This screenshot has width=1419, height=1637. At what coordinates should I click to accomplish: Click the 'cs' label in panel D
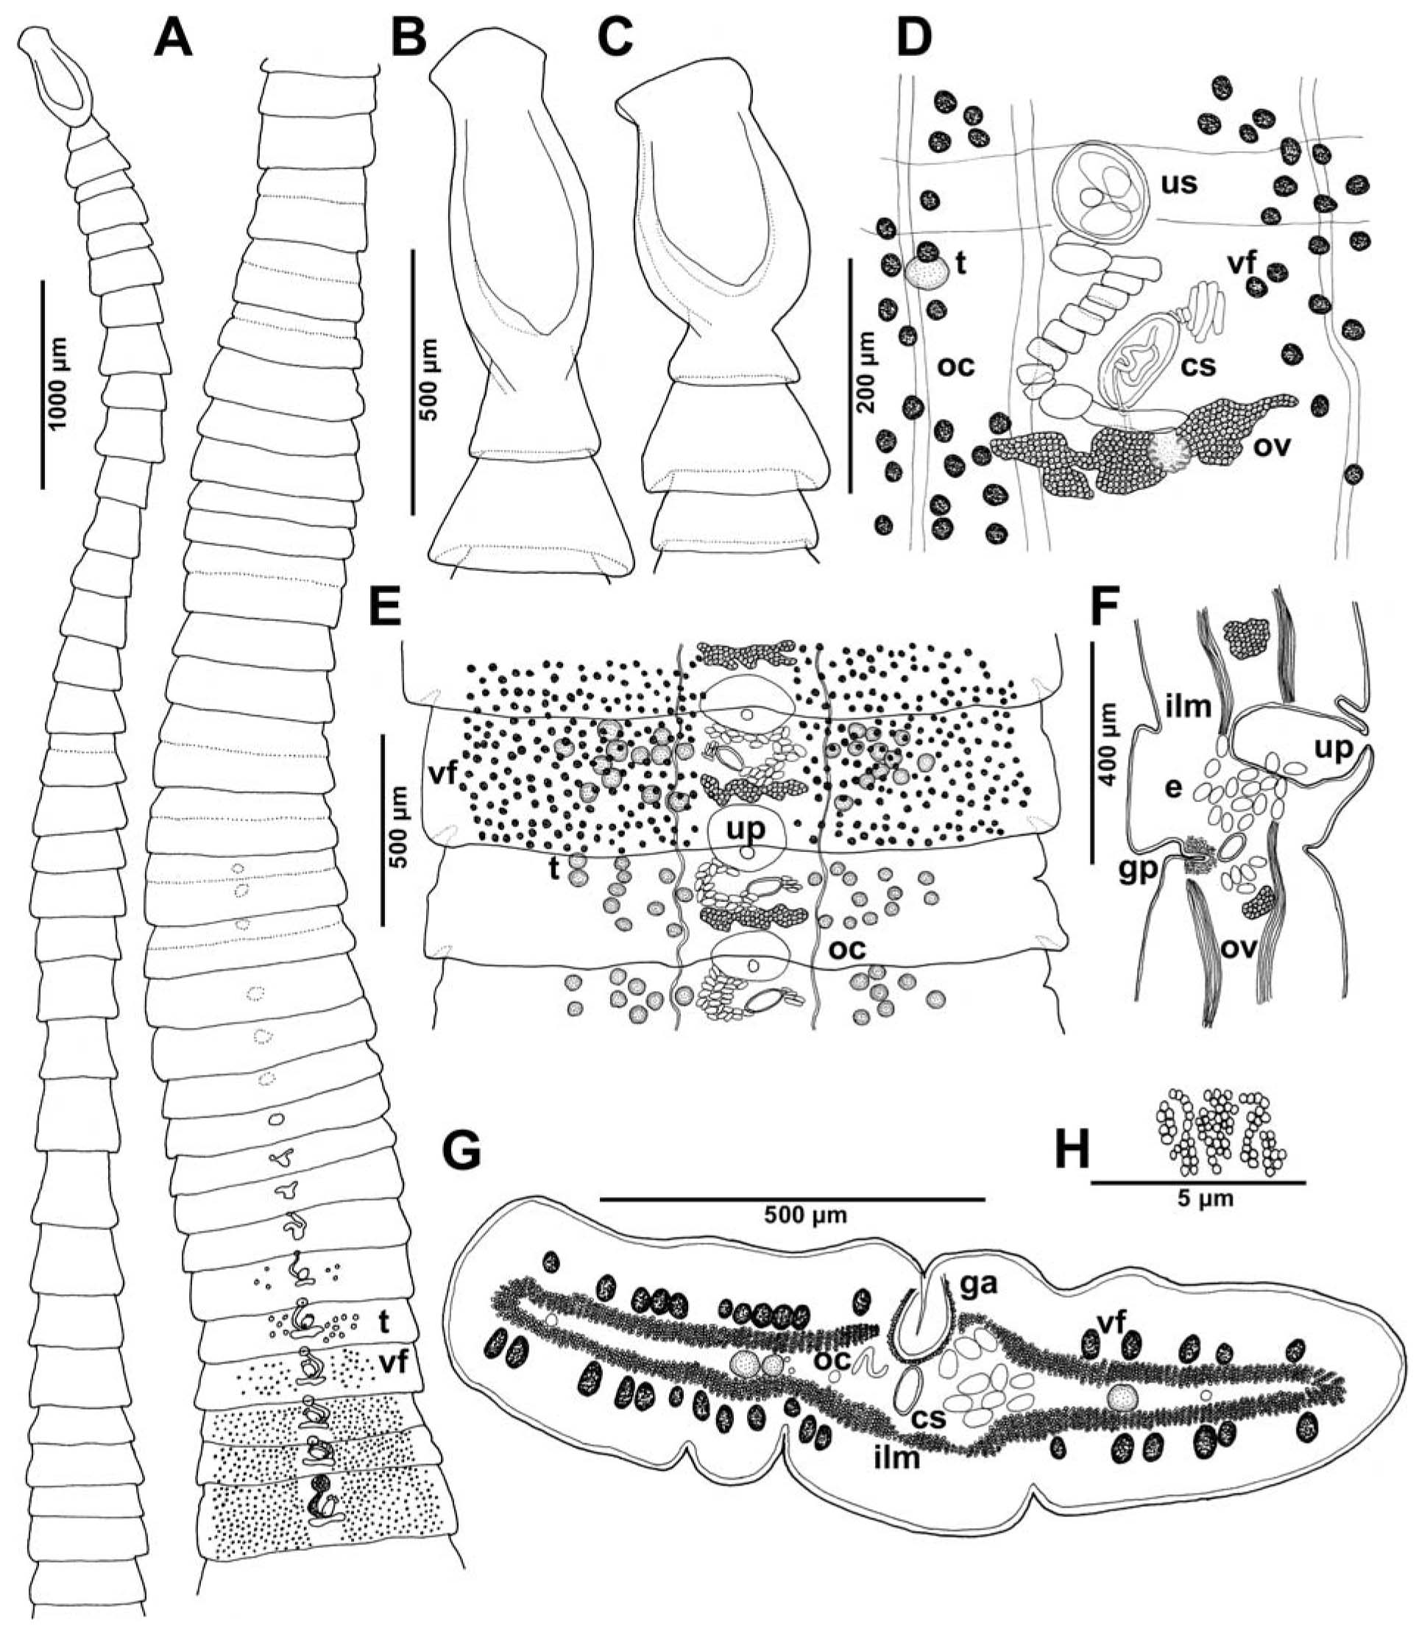point(1197,366)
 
